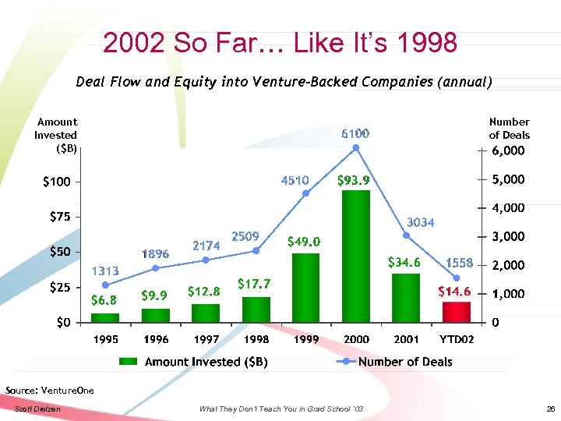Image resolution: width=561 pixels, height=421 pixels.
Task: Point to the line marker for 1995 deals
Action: [x=105, y=285]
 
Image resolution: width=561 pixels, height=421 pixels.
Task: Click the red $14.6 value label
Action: [x=453, y=292]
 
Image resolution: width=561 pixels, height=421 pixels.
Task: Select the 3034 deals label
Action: [x=421, y=222]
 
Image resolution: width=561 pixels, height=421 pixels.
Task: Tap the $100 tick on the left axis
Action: [x=57, y=182]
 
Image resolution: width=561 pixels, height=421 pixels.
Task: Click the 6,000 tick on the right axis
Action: [x=508, y=150]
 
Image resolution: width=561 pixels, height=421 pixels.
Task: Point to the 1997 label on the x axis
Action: [x=206, y=339]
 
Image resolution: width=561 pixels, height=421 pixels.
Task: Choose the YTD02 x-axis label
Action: [x=457, y=339]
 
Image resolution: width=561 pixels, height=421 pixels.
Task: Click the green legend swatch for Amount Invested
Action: [x=129, y=362]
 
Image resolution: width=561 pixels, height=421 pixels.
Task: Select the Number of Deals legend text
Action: [x=405, y=362]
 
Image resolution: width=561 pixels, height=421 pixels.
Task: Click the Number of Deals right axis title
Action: [x=509, y=128]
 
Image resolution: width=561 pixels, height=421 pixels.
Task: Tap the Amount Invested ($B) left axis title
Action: [x=56, y=134]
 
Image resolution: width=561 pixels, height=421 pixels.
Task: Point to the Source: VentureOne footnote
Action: [x=49, y=390]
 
